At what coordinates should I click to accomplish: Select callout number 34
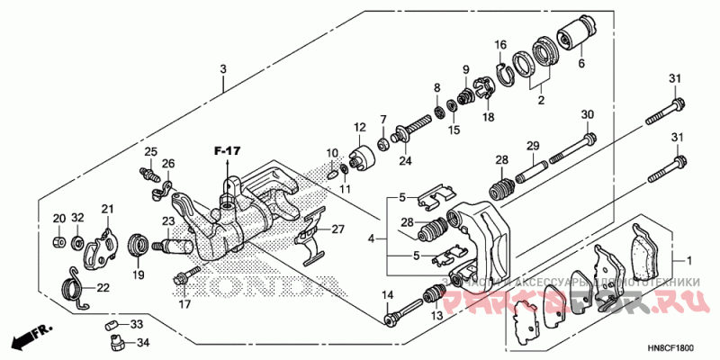(143, 342)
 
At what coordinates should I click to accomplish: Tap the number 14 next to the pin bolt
(389, 296)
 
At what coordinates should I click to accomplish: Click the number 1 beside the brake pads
(690, 261)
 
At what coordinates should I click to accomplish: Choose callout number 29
(532, 146)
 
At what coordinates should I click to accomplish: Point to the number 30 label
(587, 114)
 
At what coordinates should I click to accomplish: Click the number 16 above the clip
(501, 45)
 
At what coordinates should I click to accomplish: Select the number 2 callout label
(541, 101)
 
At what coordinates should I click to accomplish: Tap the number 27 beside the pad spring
(337, 229)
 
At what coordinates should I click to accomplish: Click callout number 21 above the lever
(108, 210)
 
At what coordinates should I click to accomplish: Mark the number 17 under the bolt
(184, 304)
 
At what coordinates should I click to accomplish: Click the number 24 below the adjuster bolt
(405, 161)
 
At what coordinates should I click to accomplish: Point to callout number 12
(359, 127)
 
